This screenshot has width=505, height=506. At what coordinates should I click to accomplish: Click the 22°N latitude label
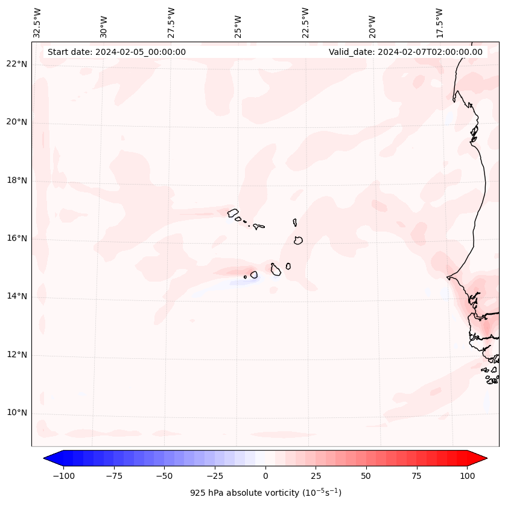click(x=16, y=65)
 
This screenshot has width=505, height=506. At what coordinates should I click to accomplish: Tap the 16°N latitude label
click(x=16, y=239)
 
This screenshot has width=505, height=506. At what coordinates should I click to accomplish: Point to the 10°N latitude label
click(x=16, y=413)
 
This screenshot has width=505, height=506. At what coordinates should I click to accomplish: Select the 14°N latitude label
click(x=16, y=297)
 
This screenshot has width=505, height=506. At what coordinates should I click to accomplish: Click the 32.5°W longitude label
click(x=37, y=22)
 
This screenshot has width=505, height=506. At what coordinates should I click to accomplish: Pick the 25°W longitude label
click(x=238, y=24)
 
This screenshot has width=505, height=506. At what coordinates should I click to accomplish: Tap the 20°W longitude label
click(x=372, y=24)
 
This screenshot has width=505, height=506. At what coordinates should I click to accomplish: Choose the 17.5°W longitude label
click(x=439, y=22)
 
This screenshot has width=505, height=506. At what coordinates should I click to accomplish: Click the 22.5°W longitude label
click(x=305, y=22)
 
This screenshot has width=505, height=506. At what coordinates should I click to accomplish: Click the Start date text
click(x=116, y=52)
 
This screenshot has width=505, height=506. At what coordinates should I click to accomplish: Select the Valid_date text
click(x=405, y=52)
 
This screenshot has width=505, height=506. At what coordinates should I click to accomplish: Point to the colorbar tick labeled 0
click(x=265, y=476)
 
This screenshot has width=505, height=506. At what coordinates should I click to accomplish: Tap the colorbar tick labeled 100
click(x=467, y=476)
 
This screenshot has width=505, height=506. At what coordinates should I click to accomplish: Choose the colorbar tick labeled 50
click(x=366, y=476)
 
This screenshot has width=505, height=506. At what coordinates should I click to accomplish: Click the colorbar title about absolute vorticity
click(x=265, y=493)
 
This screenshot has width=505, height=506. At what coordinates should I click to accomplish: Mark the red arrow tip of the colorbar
click(x=486, y=458)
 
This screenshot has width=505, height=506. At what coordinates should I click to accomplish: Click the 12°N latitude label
click(x=16, y=355)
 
